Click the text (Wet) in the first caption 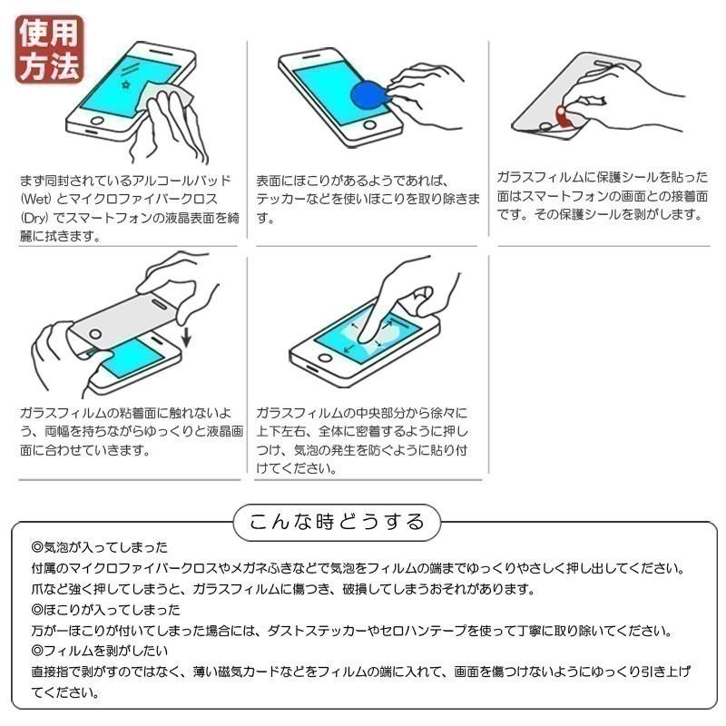[x=35, y=199]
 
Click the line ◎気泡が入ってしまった [x=100, y=548]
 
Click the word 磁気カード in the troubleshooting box [x=264, y=672]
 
